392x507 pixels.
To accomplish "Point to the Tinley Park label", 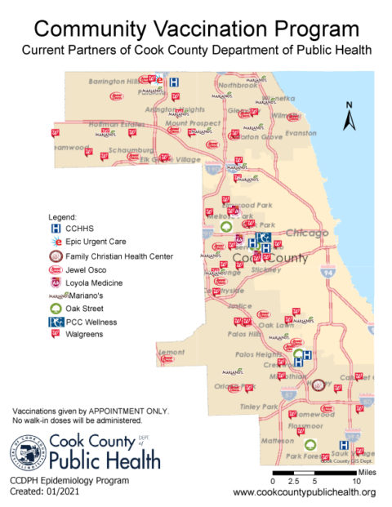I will [259, 407].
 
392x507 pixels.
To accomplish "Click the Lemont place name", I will [171, 352].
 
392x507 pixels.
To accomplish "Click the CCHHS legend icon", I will [56, 229].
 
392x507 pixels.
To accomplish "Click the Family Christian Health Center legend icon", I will [56, 256].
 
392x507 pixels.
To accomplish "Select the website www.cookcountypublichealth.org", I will [304, 492].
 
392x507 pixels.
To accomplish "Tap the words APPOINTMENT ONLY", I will [128, 410].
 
